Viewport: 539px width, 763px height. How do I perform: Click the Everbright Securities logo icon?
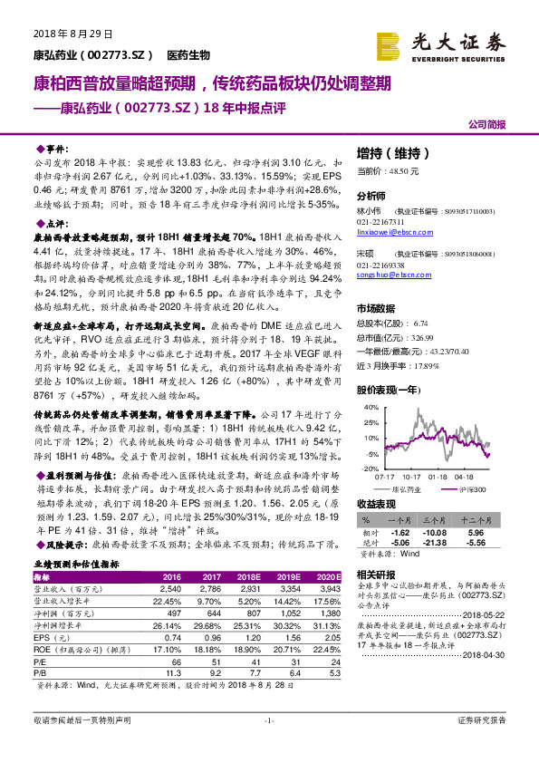[x=389, y=43]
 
